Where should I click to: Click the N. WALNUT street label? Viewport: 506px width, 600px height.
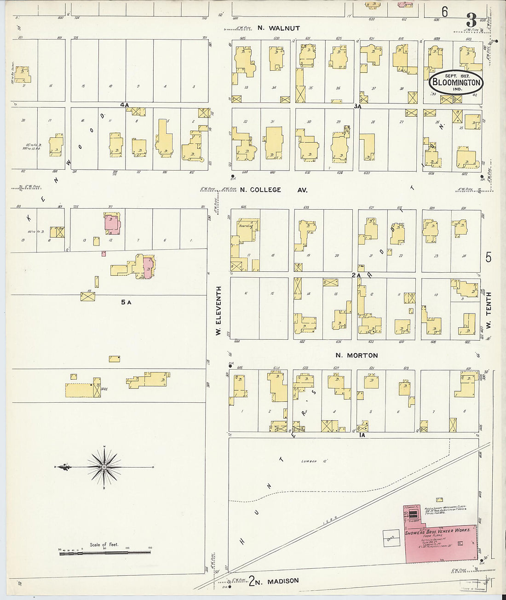point(278,28)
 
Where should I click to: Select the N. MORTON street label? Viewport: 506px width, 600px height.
point(356,355)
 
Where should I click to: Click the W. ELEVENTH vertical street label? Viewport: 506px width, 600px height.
point(219,310)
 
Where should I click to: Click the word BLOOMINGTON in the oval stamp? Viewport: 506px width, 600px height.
point(456,83)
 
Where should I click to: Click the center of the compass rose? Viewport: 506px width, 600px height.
point(104,467)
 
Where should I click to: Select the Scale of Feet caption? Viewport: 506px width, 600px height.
point(104,545)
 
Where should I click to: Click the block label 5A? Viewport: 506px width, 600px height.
point(126,302)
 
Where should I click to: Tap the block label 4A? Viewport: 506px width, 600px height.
point(124,105)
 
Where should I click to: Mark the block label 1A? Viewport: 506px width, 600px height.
point(362,434)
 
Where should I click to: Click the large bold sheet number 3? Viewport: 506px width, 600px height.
point(471,20)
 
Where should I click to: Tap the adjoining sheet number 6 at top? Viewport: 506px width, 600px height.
point(444,12)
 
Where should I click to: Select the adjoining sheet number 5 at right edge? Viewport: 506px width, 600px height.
point(488,257)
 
